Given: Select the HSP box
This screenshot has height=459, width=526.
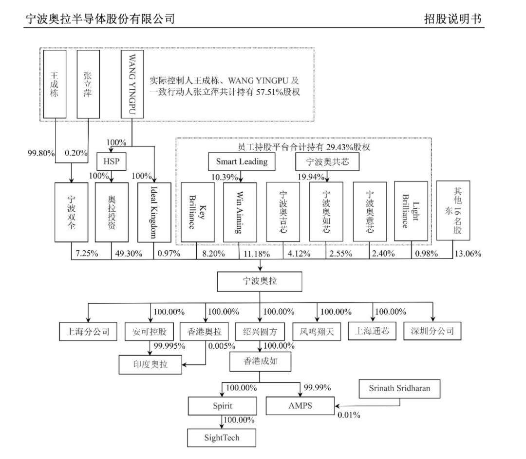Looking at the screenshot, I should [x=108, y=161].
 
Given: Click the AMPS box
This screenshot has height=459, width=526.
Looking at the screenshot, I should [x=301, y=405].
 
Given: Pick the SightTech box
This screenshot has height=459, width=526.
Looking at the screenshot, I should [x=222, y=438].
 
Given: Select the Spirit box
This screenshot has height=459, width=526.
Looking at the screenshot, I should [x=222, y=405].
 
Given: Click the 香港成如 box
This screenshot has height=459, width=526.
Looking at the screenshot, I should [x=260, y=361].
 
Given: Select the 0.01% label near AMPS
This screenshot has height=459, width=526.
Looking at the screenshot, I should [x=349, y=415].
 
